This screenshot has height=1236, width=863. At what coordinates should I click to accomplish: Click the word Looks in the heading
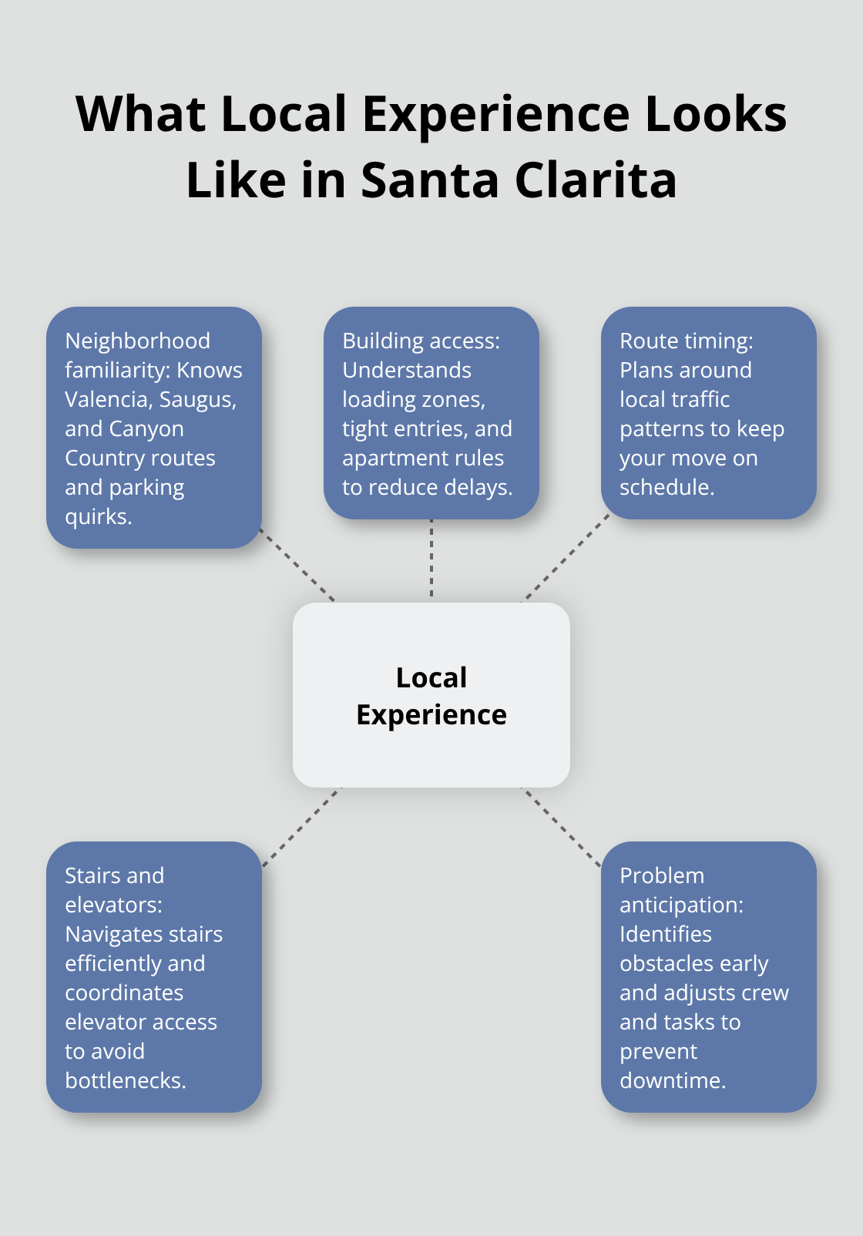715,114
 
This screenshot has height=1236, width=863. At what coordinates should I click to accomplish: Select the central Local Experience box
431,695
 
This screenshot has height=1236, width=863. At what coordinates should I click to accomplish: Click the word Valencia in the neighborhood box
107,399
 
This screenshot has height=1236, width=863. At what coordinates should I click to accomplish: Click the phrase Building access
421,341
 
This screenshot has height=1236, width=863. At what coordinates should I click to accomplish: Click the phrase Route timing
686,341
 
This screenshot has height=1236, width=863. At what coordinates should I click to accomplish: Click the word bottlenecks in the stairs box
125,1080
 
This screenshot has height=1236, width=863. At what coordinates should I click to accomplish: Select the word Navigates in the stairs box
113,934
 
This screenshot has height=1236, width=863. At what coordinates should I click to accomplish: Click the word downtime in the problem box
672,1080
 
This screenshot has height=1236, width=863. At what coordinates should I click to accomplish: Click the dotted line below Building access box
431,559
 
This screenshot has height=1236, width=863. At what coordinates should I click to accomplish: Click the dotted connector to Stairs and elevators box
301,827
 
